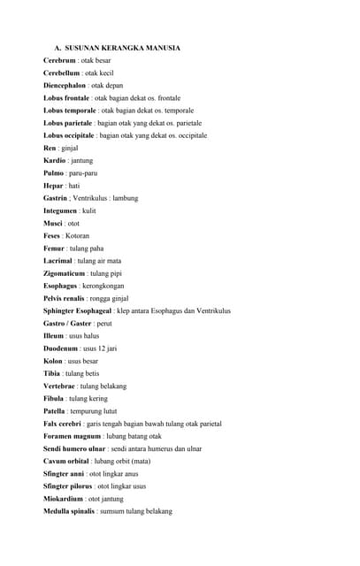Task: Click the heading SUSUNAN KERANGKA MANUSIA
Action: click(122, 48)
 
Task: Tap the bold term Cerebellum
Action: click(62, 73)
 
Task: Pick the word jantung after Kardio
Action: click(80, 161)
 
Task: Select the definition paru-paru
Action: click(85, 173)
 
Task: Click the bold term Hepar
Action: click(53, 186)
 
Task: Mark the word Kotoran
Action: click(77, 236)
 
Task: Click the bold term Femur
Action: click(55, 249)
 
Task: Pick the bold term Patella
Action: click(56, 411)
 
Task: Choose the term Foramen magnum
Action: click(72, 436)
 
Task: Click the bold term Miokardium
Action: click(65, 499)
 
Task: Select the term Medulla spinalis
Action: click(69, 511)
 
